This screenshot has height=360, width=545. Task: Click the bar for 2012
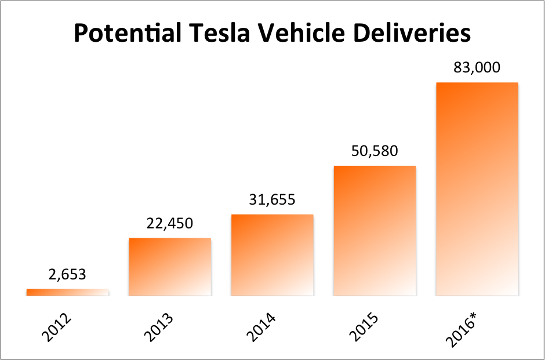(x=67, y=292)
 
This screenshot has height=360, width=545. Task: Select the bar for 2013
(x=170, y=267)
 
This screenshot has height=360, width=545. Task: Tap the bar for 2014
(x=272, y=255)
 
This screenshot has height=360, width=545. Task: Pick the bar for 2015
(x=375, y=231)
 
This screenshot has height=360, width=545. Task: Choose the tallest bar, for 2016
(x=477, y=189)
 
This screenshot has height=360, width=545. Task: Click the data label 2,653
(x=67, y=274)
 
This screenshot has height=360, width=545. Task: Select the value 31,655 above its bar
(x=272, y=200)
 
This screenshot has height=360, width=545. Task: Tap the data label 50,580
(x=375, y=151)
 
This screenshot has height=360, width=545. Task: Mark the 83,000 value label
(x=477, y=68)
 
